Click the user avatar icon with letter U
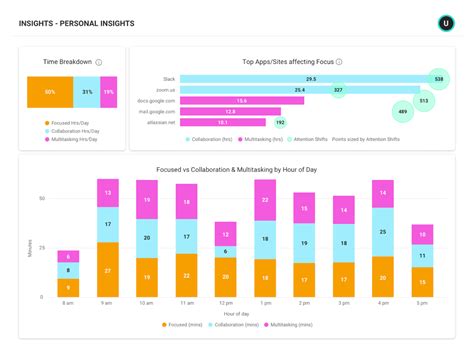click(445, 22)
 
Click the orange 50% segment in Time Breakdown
click(49, 92)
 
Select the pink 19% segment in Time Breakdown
click(109, 92)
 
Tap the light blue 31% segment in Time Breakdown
click(88, 92)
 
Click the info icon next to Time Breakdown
click(99, 62)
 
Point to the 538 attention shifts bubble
click(436, 78)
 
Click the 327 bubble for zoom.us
click(339, 90)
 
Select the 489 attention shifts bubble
click(402, 113)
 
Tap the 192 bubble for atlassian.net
click(280, 123)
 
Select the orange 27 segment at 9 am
click(108, 271)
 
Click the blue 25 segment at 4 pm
click(380, 231)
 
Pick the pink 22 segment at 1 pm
click(264, 200)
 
